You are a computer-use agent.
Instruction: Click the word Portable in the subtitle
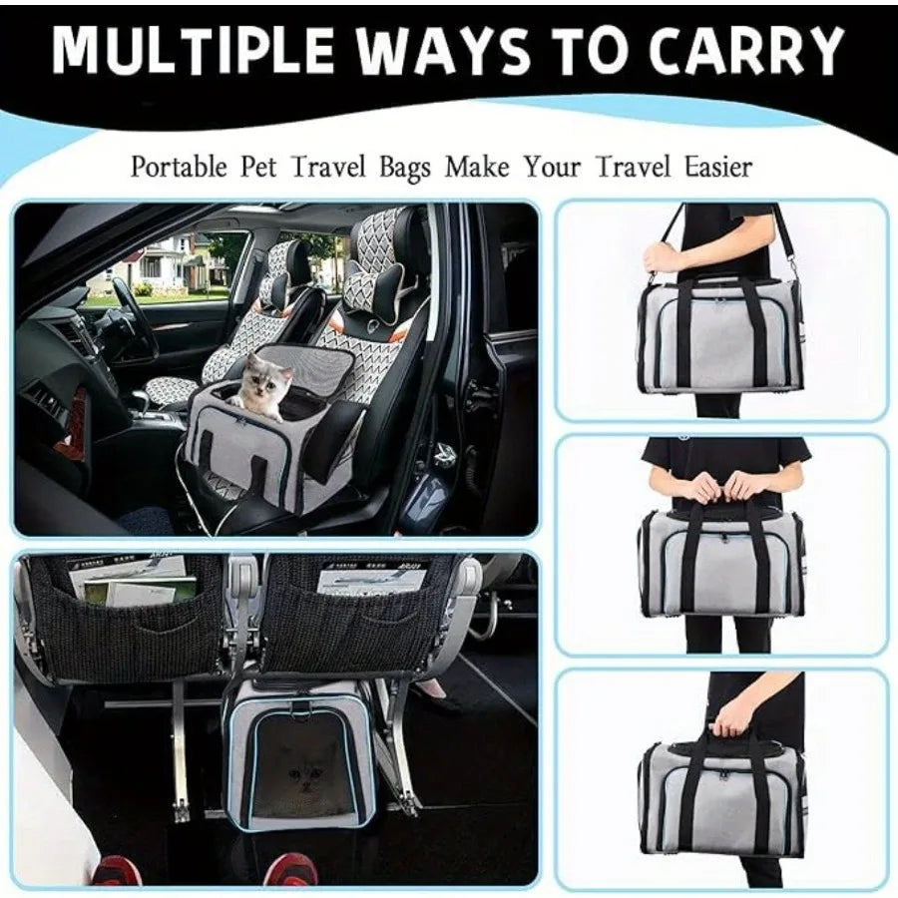click(179, 166)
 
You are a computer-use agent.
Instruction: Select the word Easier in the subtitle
click(712, 166)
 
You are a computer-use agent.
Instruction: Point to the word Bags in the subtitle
click(404, 167)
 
